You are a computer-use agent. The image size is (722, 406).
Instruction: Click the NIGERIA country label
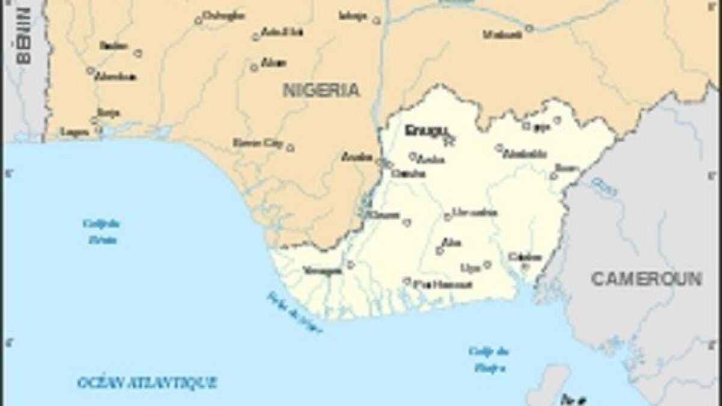point(321,91)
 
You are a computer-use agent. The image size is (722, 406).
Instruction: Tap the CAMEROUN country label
point(646,279)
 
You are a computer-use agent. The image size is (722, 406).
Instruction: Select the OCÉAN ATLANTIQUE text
point(147,383)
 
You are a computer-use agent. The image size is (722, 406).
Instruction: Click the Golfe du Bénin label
point(101,232)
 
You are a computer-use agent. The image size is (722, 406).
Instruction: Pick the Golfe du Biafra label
point(489,359)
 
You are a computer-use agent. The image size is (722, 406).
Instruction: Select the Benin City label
point(258,143)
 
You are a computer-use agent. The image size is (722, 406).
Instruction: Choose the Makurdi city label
point(502,35)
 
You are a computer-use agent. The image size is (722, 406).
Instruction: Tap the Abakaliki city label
point(525,154)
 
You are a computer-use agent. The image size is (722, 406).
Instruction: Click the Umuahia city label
point(475,212)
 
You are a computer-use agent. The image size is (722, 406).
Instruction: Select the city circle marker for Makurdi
point(529,28)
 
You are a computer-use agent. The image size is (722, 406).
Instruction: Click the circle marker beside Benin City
point(290,147)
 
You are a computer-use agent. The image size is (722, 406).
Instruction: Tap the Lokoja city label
point(353,16)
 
